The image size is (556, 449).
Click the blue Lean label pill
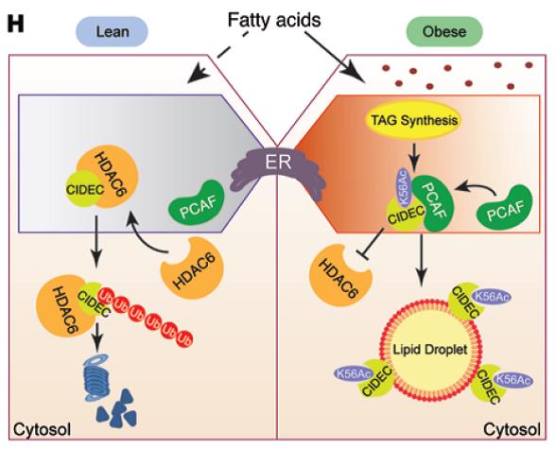pyautogui.click(x=112, y=32)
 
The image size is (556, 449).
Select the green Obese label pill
pyautogui.click(x=444, y=32)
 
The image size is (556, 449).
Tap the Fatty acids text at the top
pyautogui.click(x=274, y=20)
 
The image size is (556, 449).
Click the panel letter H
pyautogui.click(x=15, y=26)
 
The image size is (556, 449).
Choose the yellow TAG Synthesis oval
pyautogui.click(x=414, y=120)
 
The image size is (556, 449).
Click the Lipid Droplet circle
pyautogui.click(x=429, y=350)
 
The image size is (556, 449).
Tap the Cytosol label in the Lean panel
pyautogui.click(x=42, y=430)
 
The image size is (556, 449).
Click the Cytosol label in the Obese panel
pyautogui.click(x=512, y=430)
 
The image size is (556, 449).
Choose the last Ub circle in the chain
pyautogui.click(x=184, y=338)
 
